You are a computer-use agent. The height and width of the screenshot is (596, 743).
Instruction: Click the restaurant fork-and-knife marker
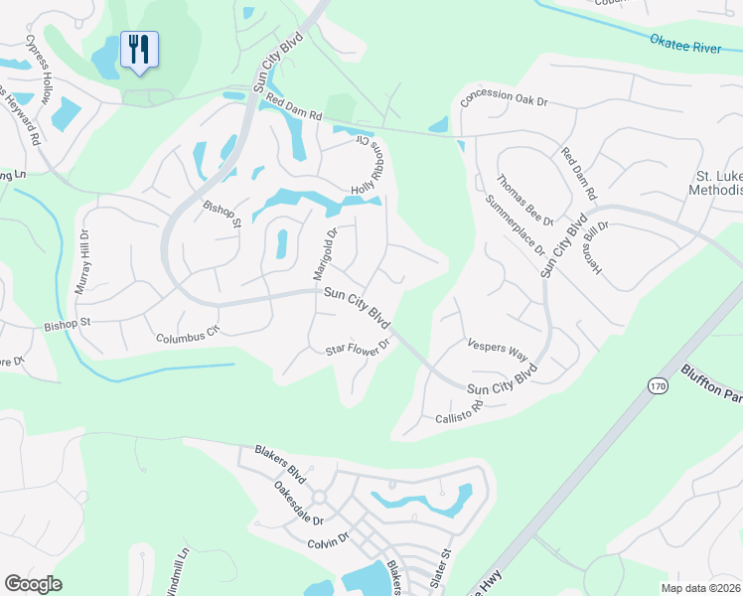click(139, 49)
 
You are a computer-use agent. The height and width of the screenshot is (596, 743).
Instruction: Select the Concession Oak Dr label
click(506, 97)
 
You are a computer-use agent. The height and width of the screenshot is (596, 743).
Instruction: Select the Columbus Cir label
click(186, 336)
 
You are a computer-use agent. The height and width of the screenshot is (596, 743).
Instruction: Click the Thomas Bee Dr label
click(523, 201)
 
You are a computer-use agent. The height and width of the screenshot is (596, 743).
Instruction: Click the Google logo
click(33, 584)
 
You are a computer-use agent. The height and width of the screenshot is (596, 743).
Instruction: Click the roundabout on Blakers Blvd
click(320, 497)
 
